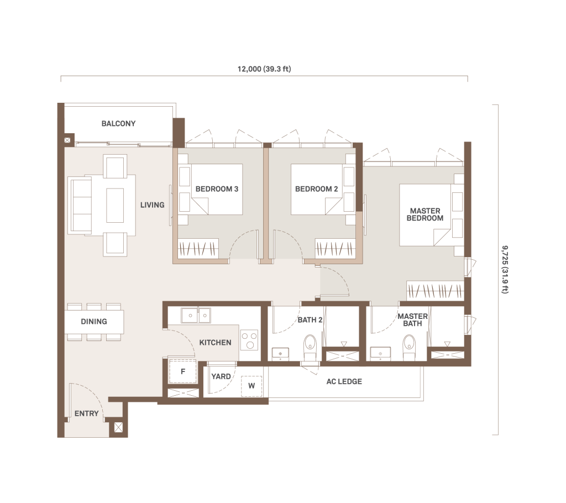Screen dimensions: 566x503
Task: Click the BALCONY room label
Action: click(118, 123)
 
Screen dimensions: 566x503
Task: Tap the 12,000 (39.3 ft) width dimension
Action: click(264, 69)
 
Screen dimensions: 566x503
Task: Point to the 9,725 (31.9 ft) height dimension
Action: click(505, 270)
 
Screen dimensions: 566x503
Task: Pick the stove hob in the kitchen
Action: click(249, 340)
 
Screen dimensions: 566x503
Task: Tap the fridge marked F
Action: click(183, 371)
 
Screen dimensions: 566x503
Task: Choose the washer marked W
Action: click(251, 386)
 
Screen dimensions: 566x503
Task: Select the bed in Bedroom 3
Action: click(211, 190)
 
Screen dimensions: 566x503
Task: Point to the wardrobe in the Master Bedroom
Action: click(435, 290)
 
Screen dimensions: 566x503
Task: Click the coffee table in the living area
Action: click(115, 205)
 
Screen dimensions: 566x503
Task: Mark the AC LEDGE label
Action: click(344, 381)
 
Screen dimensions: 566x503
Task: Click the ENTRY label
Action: click(87, 413)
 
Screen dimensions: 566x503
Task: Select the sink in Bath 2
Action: click(280, 354)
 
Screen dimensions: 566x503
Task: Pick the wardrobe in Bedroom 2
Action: click(334, 248)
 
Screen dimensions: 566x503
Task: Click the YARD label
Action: click(221, 376)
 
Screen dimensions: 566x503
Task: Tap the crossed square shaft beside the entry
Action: click(118, 428)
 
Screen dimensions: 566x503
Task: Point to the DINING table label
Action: click(94, 321)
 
